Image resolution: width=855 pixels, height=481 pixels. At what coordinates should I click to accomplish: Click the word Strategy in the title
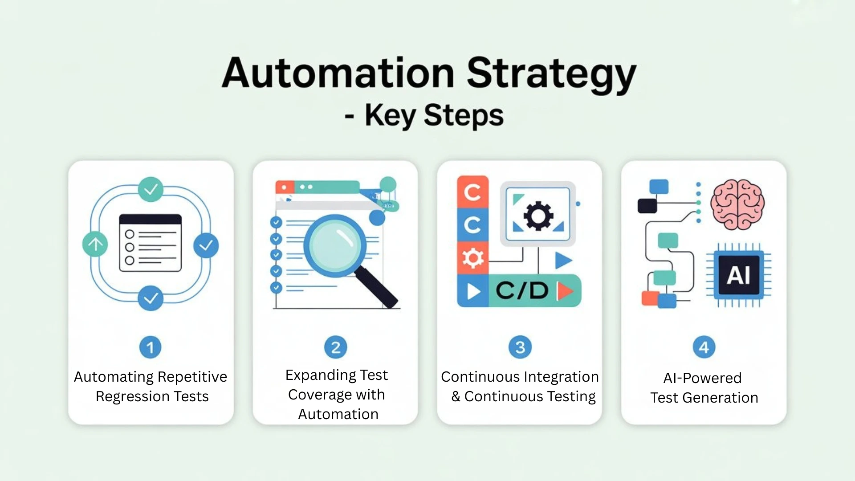[x=551, y=73]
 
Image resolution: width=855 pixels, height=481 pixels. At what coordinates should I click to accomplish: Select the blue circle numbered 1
[x=151, y=347]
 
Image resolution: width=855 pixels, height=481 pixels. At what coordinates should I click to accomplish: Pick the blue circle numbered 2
[x=336, y=347]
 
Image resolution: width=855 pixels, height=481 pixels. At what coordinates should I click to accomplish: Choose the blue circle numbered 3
[x=520, y=347]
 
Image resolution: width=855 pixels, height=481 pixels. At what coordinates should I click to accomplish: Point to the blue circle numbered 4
[x=704, y=347]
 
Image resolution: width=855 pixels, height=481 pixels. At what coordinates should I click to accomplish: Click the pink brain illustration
[x=737, y=204]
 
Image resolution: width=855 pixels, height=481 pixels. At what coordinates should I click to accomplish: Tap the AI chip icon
[x=739, y=275]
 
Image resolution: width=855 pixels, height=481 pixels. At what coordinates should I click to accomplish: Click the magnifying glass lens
[x=335, y=246]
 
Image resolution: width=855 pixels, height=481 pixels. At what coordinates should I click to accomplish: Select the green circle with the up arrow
[x=95, y=244]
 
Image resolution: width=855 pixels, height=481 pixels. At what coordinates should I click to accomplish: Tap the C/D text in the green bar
[x=522, y=291]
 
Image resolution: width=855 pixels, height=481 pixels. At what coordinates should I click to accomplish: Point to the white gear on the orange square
[x=473, y=258]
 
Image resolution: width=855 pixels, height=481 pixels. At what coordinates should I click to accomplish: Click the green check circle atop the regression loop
[x=151, y=189]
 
